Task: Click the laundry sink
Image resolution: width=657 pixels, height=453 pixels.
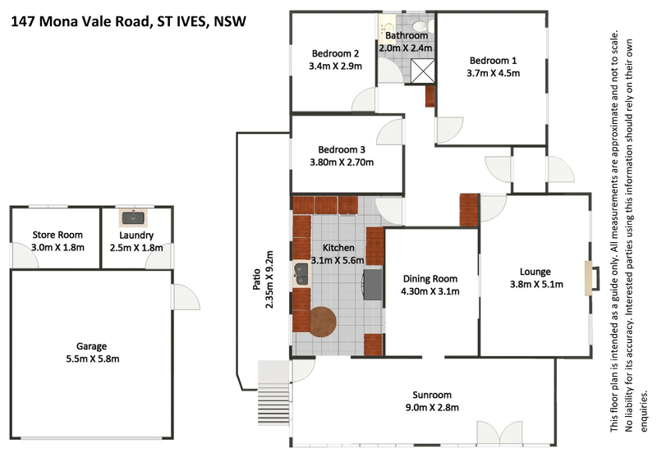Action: click(x=133, y=218)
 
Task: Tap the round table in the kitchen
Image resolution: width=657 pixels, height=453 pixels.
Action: click(x=323, y=322)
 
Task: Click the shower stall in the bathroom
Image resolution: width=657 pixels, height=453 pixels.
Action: click(x=422, y=71)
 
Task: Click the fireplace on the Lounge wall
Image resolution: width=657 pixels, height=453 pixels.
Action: click(x=591, y=278)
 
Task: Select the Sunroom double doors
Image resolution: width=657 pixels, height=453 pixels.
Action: click(x=499, y=432)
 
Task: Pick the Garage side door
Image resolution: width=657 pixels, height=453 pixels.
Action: click(x=186, y=297)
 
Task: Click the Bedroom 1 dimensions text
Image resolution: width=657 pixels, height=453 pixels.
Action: click(x=494, y=73)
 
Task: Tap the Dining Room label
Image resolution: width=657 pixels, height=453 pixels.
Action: click(x=430, y=279)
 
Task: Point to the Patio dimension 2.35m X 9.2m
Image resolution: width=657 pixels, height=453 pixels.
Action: click(x=269, y=280)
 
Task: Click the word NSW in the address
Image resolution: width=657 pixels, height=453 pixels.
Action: click(x=230, y=21)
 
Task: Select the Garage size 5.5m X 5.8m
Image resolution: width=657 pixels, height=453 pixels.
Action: click(x=93, y=359)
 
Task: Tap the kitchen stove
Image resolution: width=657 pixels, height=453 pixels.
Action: click(x=373, y=284)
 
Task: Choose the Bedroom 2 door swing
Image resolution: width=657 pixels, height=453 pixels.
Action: click(x=364, y=99)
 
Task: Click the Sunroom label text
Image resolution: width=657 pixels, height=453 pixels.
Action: click(x=432, y=395)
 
